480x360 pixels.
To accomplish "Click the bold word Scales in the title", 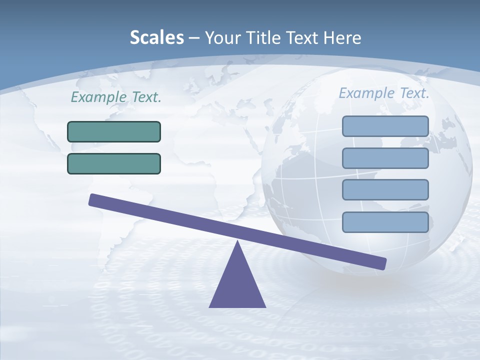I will (x=156, y=37).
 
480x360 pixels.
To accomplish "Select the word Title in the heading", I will (x=263, y=37).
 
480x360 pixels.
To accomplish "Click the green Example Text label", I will (x=116, y=97).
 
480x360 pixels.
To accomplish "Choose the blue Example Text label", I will (x=384, y=93).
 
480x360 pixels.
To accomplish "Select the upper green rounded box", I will (x=114, y=131).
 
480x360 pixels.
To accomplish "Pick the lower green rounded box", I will (x=114, y=163).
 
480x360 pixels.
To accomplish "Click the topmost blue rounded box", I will (x=385, y=126).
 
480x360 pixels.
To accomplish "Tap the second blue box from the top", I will (x=385, y=158).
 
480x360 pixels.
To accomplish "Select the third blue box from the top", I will (x=385, y=190).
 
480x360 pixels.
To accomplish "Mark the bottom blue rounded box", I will (x=385, y=222).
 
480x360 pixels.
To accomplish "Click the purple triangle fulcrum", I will (x=237, y=285).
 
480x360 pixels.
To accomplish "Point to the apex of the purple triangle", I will (x=238, y=243).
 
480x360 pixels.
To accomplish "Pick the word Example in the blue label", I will (x=366, y=93).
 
